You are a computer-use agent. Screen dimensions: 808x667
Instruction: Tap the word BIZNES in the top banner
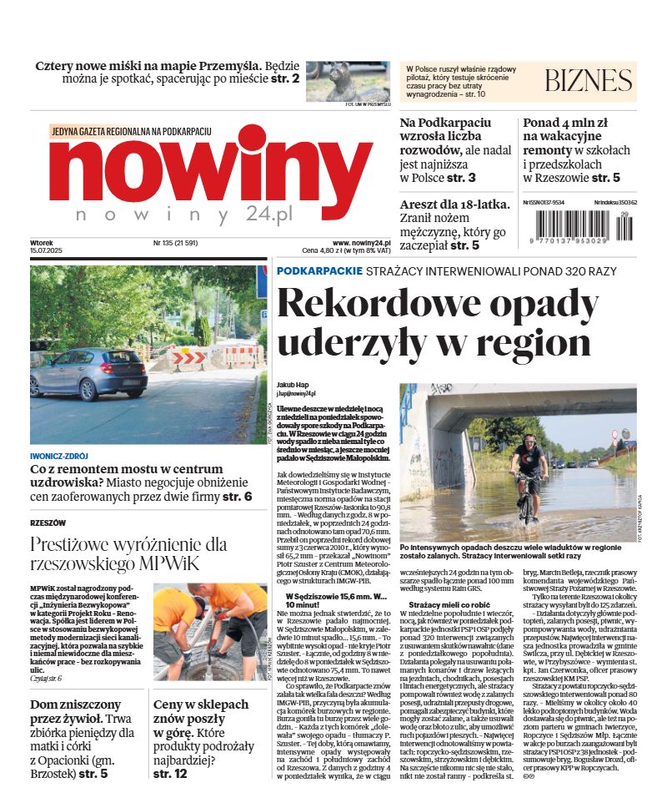(588, 80)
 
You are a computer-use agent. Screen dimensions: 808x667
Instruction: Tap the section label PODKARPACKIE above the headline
(319, 271)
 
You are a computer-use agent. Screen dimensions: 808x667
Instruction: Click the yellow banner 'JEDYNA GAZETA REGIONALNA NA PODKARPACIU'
(132, 132)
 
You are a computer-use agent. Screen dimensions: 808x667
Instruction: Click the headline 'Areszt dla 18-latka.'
(448, 205)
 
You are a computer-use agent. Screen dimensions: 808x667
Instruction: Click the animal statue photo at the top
(348, 81)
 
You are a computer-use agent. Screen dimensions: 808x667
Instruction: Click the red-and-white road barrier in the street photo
(203, 359)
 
